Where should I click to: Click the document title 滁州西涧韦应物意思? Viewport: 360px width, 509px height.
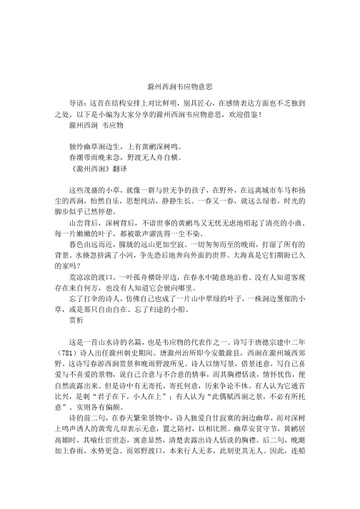coord(180,85)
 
